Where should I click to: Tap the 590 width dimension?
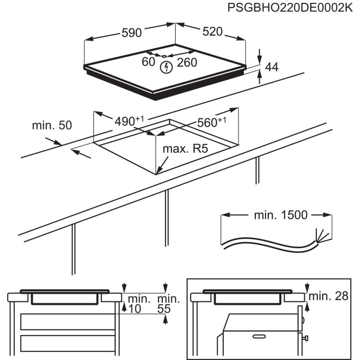pyautogui.click(x=131, y=33)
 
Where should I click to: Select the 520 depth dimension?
pyautogui.click(x=212, y=32)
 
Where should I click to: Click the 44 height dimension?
pyautogui.click(x=272, y=67)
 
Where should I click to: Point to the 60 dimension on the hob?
pyautogui.click(x=149, y=61)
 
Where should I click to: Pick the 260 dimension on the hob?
pyautogui.click(x=187, y=62)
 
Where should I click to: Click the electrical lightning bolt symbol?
pyautogui.click(x=165, y=68)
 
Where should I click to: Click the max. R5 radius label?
pyautogui.click(x=185, y=149)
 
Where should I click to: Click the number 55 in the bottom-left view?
pyautogui.click(x=164, y=310)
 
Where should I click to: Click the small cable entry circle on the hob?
pyautogui.click(x=165, y=57)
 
